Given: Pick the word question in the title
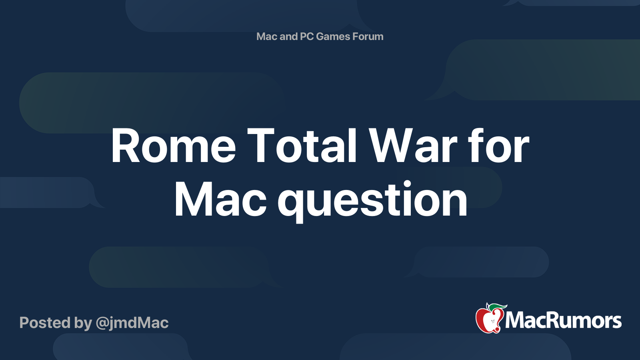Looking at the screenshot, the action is [x=372, y=202].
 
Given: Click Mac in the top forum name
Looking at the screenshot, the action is [x=267, y=36].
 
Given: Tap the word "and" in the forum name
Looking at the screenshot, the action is [x=288, y=36].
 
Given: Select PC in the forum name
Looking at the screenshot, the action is [x=307, y=36].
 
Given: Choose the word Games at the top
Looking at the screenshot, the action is [x=333, y=36].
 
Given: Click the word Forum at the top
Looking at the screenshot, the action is [x=368, y=36].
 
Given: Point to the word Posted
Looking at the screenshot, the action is [x=45, y=322].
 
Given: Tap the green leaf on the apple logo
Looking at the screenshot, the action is [x=497, y=307].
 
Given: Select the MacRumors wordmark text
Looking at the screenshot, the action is [x=563, y=320].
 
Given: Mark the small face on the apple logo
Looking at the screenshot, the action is [x=492, y=321].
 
